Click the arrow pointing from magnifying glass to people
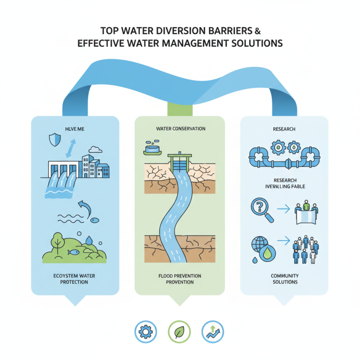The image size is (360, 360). pos(283,209)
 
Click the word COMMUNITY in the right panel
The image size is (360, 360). pos(284,275)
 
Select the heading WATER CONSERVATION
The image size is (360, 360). pos(180,129)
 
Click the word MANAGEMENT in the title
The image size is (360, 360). pos(197,44)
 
